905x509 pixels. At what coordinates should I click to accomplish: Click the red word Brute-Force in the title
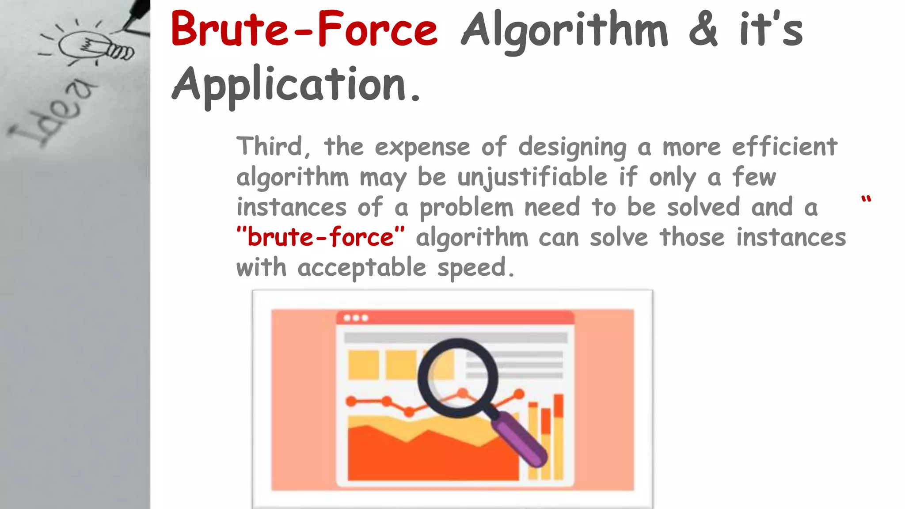point(304,29)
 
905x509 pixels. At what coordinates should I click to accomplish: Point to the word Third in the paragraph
point(269,146)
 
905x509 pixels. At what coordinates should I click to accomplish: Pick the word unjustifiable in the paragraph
point(532,178)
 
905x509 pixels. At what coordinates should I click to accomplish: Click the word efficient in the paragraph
point(784,146)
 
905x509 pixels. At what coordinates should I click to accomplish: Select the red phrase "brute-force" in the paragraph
point(320,237)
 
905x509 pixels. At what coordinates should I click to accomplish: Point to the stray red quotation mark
point(866,199)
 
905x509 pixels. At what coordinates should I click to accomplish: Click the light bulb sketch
point(93,46)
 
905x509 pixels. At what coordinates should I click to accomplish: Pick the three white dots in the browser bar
point(356,318)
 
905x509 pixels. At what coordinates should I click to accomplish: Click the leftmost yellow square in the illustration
point(363,365)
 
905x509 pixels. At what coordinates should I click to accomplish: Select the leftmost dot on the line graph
point(352,401)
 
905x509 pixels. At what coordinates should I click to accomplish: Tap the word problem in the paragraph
point(466,207)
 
